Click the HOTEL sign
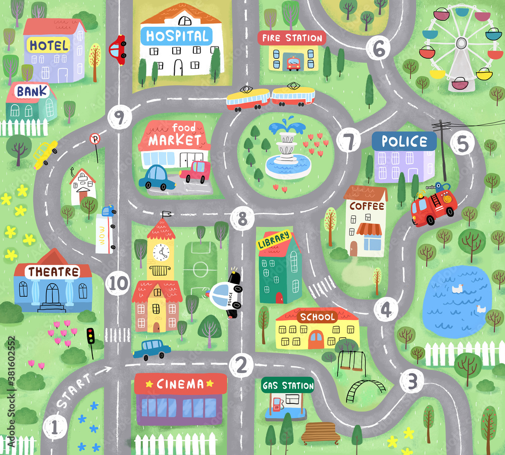click(x=48, y=45)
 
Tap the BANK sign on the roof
click(x=32, y=92)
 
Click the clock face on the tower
click(x=161, y=252)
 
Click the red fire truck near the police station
click(x=433, y=205)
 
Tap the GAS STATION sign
click(x=288, y=386)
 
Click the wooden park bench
click(x=321, y=432)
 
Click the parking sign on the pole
click(x=94, y=139)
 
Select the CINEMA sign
click(x=180, y=384)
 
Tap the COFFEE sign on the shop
click(x=367, y=206)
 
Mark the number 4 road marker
click(x=386, y=309)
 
